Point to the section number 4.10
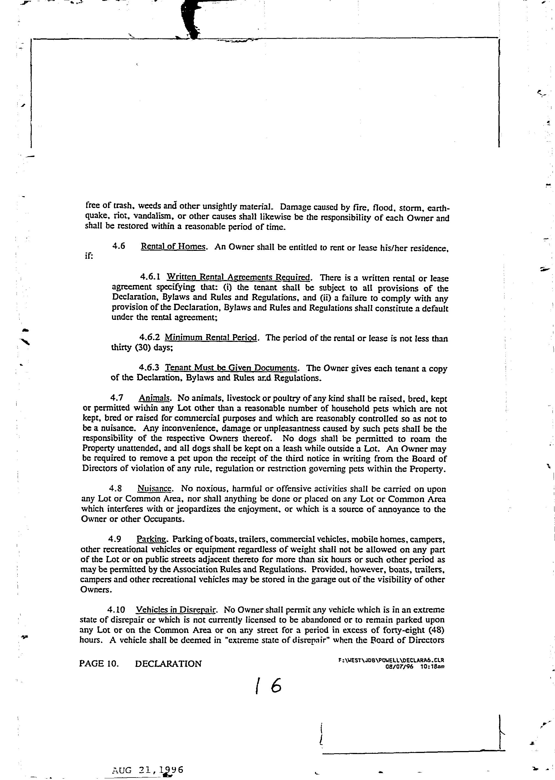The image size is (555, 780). [116, 610]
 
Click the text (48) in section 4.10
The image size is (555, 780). [436, 630]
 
